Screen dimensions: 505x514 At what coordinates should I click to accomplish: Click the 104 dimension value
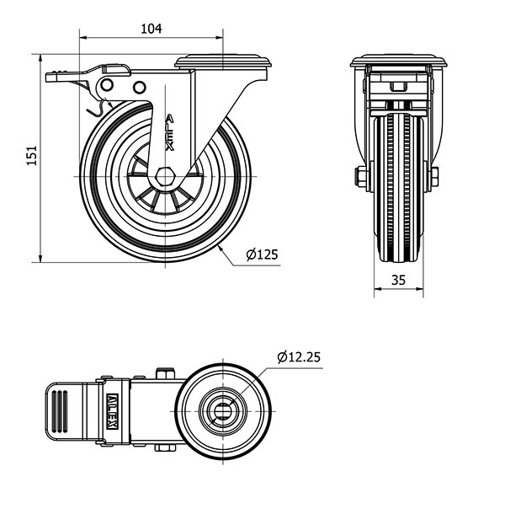point(151,29)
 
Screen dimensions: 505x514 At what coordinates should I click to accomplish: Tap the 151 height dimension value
point(32,155)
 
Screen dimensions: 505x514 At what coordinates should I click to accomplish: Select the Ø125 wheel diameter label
point(262,254)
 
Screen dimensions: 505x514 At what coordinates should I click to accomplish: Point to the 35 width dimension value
point(398,281)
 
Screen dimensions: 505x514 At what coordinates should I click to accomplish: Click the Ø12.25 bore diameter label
point(299,357)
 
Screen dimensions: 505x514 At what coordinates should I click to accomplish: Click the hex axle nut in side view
point(165,177)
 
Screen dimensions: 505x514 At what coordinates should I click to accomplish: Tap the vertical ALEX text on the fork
point(169,132)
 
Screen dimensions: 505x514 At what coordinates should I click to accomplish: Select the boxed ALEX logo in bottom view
point(112,411)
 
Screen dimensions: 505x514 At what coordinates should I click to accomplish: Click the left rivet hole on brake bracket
point(107,85)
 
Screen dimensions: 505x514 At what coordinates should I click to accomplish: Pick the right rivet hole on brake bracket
point(139,87)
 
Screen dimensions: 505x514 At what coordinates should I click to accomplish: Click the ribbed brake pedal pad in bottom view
point(60,411)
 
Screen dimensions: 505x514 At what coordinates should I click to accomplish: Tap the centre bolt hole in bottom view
point(223,411)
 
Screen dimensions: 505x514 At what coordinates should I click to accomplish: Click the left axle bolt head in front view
point(361,177)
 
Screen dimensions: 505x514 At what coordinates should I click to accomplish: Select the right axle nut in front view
point(434,177)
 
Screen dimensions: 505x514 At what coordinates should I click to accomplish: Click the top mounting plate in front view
point(399,62)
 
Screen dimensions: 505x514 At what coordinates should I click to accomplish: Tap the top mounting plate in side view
point(223,62)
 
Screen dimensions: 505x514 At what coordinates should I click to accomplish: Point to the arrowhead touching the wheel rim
point(221,248)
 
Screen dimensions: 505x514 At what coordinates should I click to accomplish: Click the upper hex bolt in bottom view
point(165,373)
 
